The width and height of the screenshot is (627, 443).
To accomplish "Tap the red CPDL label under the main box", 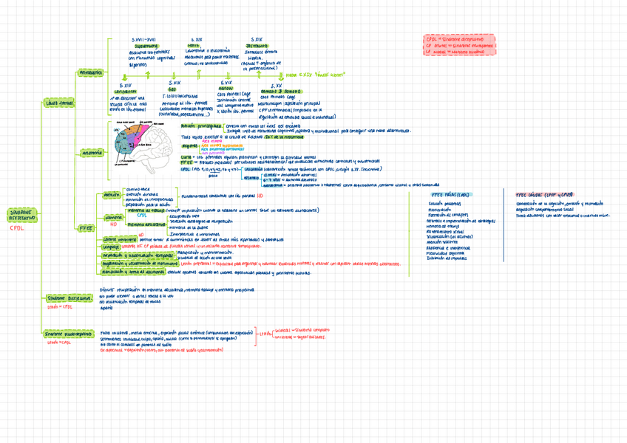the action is pyautogui.click(x=16, y=228).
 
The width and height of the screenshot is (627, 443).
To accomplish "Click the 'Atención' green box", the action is pyautogui.click(x=111, y=195).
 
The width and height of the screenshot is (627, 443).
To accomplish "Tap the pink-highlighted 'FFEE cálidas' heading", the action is pyautogui.click(x=546, y=194).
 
